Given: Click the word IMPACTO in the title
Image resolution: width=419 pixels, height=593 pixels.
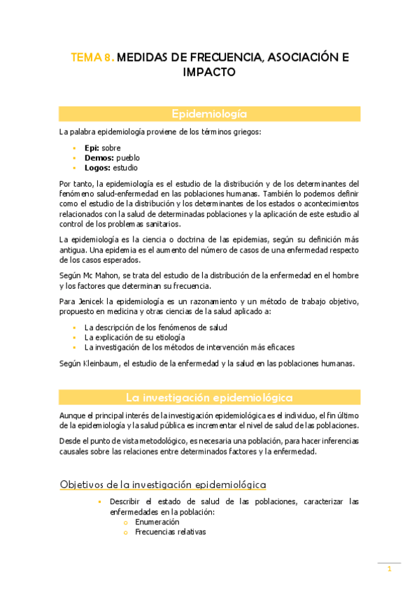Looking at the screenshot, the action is pyautogui.click(x=209, y=73).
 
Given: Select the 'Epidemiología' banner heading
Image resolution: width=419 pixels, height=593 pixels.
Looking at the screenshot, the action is pyautogui.click(x=209, y=114).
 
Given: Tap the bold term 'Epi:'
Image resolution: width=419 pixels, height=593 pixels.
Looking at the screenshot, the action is pyautogui.click(x=92, y=148).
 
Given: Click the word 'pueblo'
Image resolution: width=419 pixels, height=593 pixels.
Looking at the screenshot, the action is pyautogui.click(x=128, y=158).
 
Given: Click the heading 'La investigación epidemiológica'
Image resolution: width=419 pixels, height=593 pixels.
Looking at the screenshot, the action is pyautogui.click(x=209, y=397).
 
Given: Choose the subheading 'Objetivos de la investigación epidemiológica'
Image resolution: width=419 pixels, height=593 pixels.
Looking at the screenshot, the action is pyautogui.click(x=163, y=484).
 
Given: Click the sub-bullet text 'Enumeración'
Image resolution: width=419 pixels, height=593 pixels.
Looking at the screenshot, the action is pyautogui.click(x=157, y=522).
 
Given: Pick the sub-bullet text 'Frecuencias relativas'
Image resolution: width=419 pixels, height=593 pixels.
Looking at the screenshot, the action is pyautogui.click(x=170, y=531).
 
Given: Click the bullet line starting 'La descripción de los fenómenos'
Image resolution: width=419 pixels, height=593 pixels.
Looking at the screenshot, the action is pyautogui.click(x=155, y=327).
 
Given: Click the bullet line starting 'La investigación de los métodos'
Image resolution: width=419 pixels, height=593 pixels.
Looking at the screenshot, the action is pyautogui.click(x=189, y=347).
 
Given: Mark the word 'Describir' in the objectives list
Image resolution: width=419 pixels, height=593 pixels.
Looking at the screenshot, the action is pyautogui.click(x=125, y=501).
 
